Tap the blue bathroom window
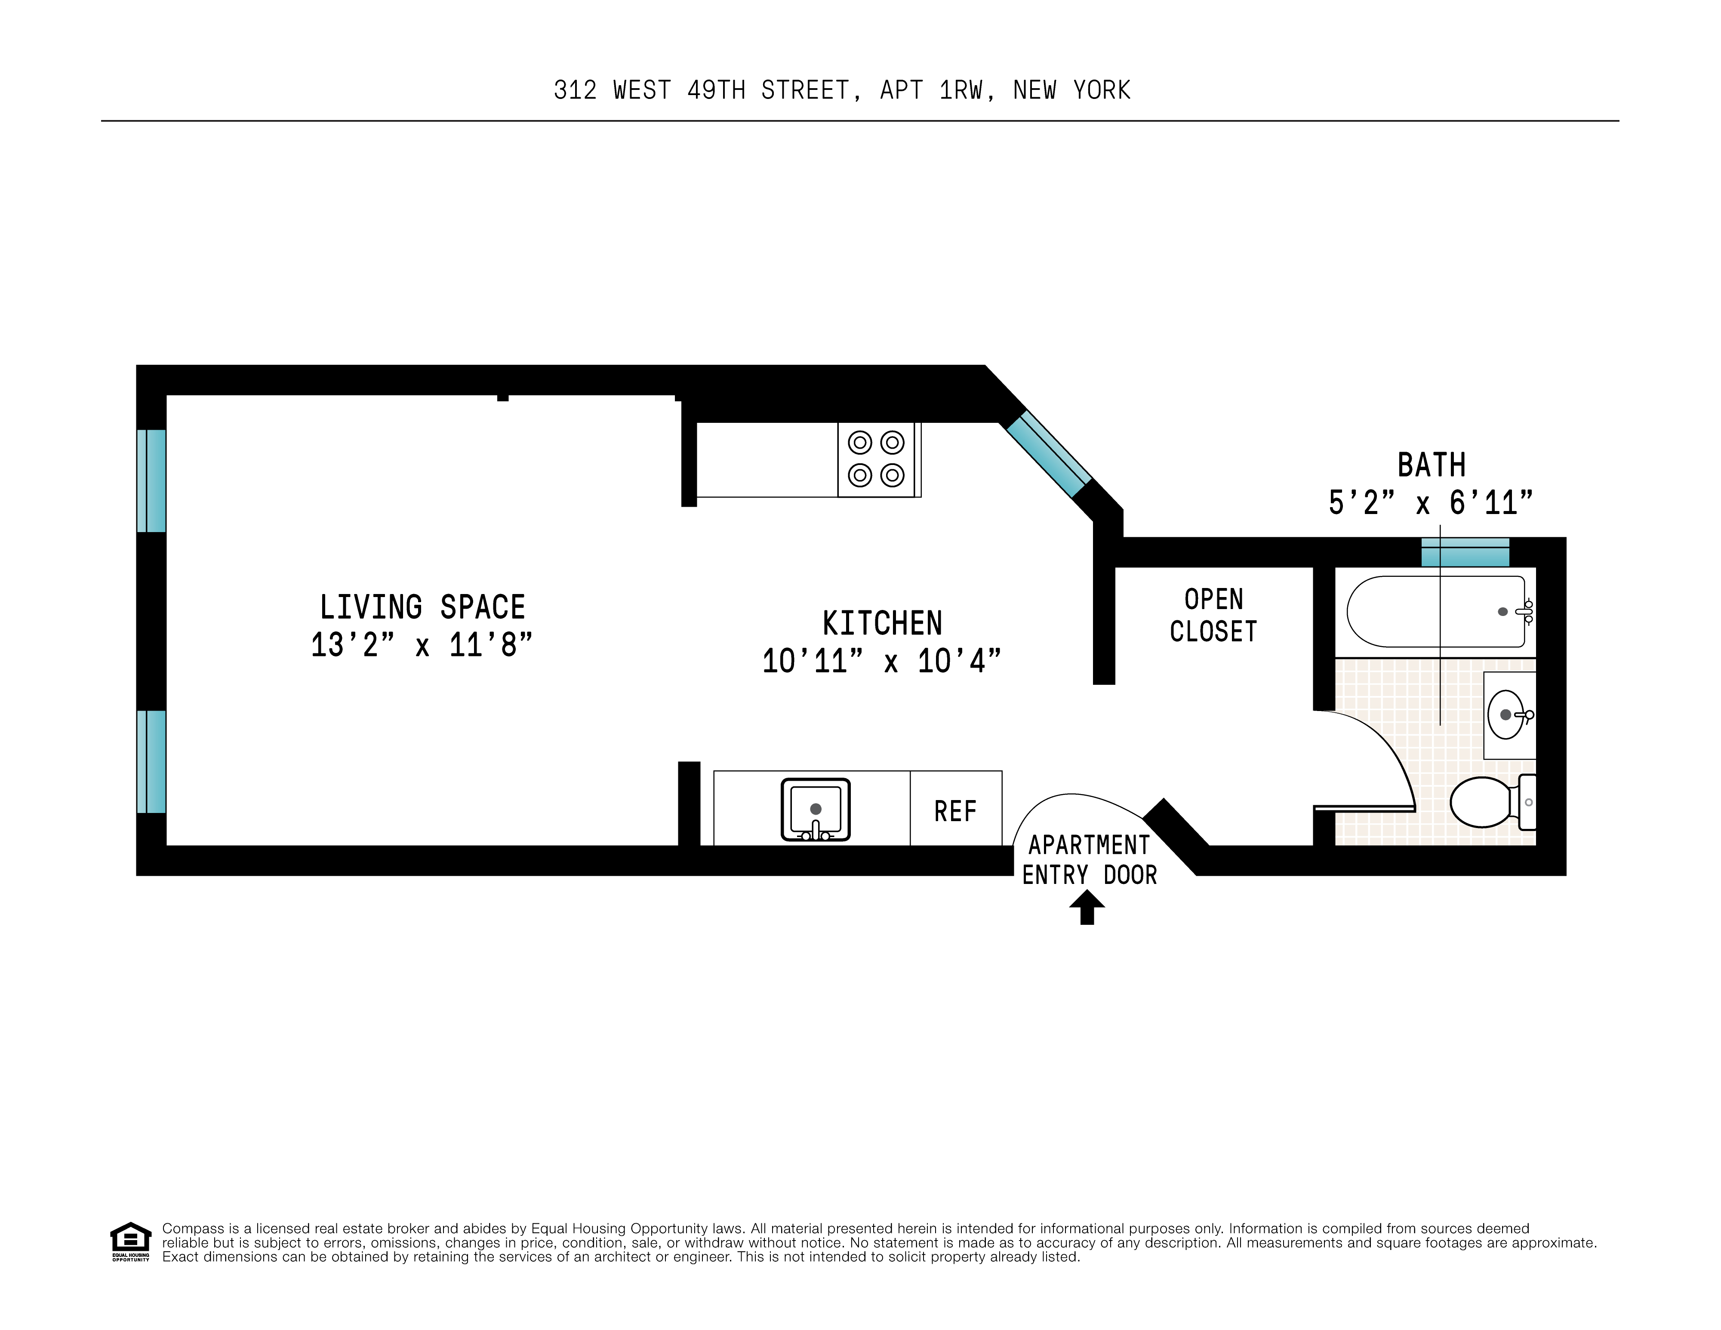click(x=1465, y=552)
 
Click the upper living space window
click(x=151, y=480)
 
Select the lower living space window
click(x=151, y=761)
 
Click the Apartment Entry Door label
click(x=1089, y=859)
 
